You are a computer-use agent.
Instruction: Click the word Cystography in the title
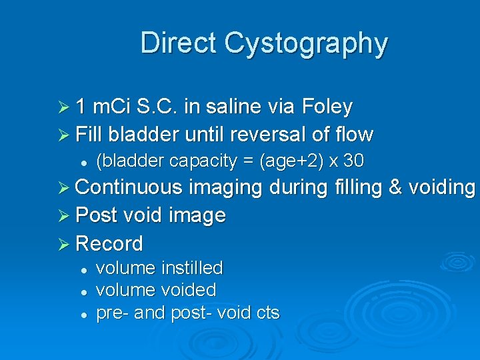[306, 43]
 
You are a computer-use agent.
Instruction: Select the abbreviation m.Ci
[113, 106]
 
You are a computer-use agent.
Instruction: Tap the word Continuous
[129, 188]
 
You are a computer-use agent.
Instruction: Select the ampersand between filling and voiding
[395, 188]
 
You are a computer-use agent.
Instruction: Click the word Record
[109, 243]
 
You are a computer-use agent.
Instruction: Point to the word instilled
[191, 268]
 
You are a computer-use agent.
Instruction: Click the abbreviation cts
[266, 312]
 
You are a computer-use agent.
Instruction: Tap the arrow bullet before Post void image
[65, 216]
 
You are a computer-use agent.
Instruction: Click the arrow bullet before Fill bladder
[65, 135]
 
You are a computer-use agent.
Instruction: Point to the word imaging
[225, 188]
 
